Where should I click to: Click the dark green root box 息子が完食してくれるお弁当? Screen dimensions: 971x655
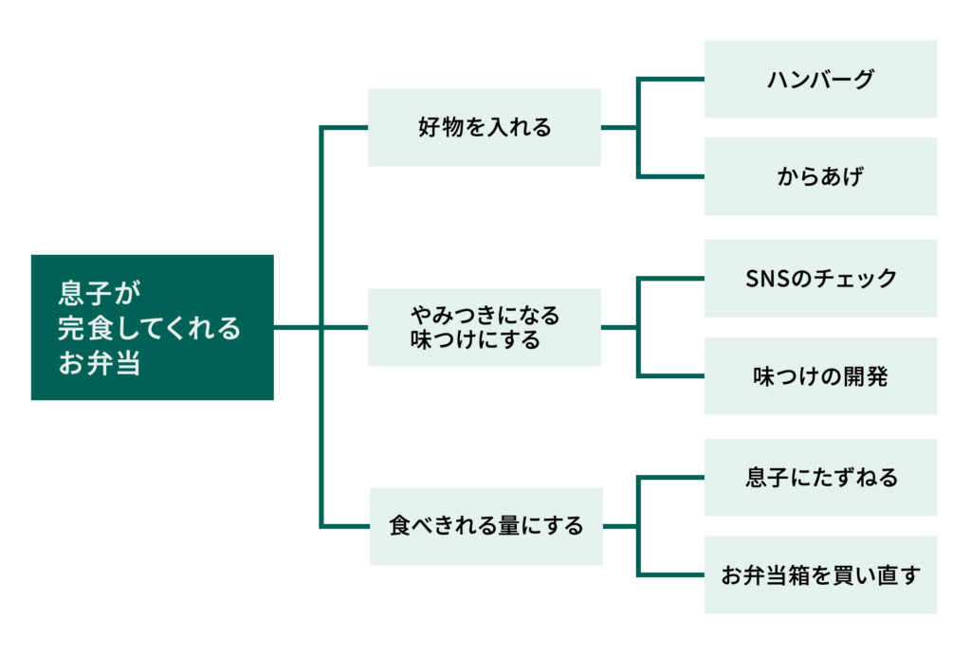[x=153, y=327]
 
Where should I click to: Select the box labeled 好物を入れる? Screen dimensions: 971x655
[x=485, y=128]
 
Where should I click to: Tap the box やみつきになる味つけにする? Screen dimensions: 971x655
[x=485, y=327]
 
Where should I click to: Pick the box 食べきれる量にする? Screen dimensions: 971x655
[x=486, y=526]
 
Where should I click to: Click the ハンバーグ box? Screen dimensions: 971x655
[x=820, y=80]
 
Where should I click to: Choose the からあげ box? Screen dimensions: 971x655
[x=820, y=176]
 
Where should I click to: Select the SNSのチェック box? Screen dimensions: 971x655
[x=820, y=279]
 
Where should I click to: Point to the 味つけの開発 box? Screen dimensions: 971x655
[x=820, y=375]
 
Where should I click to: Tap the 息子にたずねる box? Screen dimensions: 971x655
[x=820, y=478]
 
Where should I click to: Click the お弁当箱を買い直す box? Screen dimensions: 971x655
[x=820, y=575]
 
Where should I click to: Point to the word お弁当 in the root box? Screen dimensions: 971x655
[x=99, y=363]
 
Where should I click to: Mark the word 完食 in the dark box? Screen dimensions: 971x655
[x=85, y=328]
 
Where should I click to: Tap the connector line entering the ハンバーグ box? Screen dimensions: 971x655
[x=671, y=80]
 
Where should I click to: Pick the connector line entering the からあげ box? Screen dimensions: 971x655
[x=671, y=176]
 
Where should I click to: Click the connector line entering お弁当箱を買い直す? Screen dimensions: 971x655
[x=671, y=575]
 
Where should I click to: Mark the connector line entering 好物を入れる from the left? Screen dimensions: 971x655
[x=344, y=128]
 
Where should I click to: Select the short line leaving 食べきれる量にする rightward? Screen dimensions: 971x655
[x=620, y=526]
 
